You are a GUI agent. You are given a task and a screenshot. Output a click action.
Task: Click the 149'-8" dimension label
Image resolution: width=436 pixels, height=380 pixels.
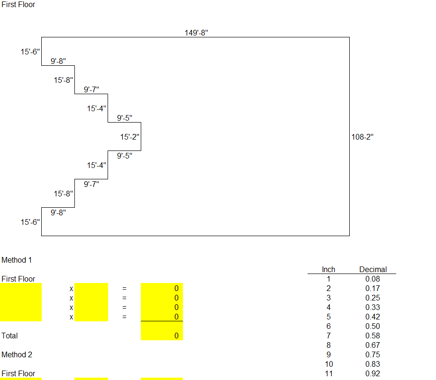pyautogui.click(x=197, y=33)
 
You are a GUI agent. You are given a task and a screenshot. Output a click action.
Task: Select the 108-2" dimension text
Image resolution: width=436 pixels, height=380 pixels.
pyautogui.click(x=363, y=137)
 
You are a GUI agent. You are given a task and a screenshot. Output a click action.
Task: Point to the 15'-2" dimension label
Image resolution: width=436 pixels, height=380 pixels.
pyautogui.click(x=129, y=137)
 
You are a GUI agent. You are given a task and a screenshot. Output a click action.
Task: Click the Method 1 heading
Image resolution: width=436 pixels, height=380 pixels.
pyautogui.click(x=17, y=260)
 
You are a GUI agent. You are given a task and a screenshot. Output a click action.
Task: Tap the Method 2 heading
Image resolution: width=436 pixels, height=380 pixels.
pyautogui.click(x=17, y=354)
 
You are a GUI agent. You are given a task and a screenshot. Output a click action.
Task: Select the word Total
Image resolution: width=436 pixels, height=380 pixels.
pyautogui.click(x=9, y=336)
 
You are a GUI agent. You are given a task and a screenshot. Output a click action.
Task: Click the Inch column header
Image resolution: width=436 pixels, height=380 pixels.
pyautogui.click(x=328, y=269)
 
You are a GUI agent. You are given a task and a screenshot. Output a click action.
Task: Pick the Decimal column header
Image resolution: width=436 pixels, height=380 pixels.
pyautogui.click(x=373, y=269)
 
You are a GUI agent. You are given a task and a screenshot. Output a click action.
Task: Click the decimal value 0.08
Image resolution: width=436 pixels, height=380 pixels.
pyautogui.click(x=372, y=279)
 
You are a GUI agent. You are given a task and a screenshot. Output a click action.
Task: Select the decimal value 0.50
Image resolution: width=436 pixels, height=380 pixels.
pyautogui.click(x=372, y=326)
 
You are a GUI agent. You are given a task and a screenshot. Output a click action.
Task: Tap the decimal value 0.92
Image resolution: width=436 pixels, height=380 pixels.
pyautogui.click(x=372, y=373)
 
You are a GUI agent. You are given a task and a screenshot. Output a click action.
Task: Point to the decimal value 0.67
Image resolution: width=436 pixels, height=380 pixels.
pyautogui.click(x=372, y=345)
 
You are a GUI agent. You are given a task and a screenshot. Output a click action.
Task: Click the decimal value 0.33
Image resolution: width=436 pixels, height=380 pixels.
pyautogui.click(x=372, y=307)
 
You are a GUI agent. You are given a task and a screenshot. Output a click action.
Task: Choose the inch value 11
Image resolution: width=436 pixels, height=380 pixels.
pyautogui.click(x=328, y=373)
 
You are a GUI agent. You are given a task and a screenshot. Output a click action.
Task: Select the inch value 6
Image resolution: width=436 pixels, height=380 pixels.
pyautogui.click(x=328, y=326)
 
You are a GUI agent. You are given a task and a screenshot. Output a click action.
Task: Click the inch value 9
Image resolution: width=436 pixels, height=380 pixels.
pyautogui.click(x=328, y=354)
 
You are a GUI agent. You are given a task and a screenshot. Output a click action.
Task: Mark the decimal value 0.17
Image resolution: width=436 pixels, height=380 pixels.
pyautogui.click(x=372, y=288)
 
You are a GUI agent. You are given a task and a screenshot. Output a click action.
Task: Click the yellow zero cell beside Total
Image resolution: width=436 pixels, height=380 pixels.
pyautogui.click(x=162, y=336)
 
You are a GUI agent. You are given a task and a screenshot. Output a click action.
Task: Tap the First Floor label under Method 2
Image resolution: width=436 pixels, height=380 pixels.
pyautogui.click(x=18, y=373)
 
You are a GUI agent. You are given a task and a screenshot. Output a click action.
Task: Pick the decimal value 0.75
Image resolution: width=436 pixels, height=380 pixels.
pyautogui.click(x=372, y=354)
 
